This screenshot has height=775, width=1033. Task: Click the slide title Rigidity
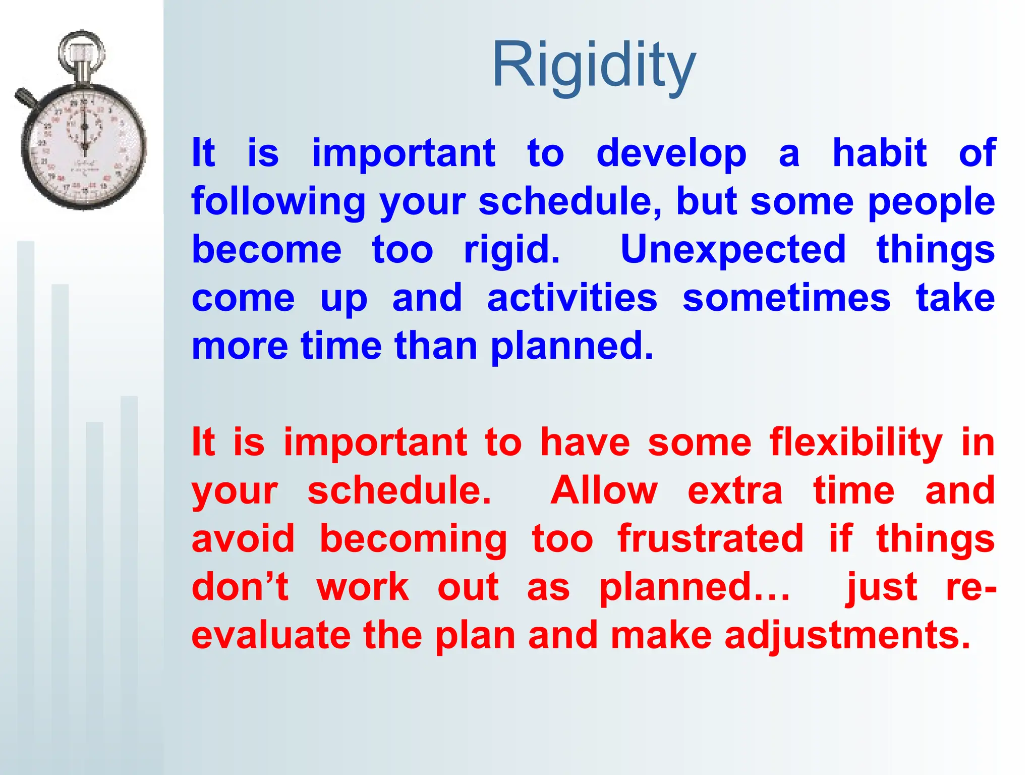pos(594,66)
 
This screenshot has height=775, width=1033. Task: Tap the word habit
pos(879,153)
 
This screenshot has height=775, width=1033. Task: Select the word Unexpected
pos(732,250)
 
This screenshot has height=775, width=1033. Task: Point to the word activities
pos(572,298)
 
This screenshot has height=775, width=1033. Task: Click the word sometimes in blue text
pos(786,298)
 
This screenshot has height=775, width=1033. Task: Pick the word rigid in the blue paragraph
pos(510,250)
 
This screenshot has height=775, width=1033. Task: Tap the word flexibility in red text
pos(855,443)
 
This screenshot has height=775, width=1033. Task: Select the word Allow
pos(604,490)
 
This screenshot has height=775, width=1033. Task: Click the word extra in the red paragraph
pos(734,490)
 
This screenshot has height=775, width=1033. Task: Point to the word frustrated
pos(710,539)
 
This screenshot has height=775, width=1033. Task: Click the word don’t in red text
pos(240,587)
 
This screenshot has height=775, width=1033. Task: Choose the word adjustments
pos(847,635)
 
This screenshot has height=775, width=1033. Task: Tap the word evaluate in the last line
pos(271,635)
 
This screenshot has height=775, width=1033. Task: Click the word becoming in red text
pos(413,539)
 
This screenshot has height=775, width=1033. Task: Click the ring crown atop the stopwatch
pos(81,50)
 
